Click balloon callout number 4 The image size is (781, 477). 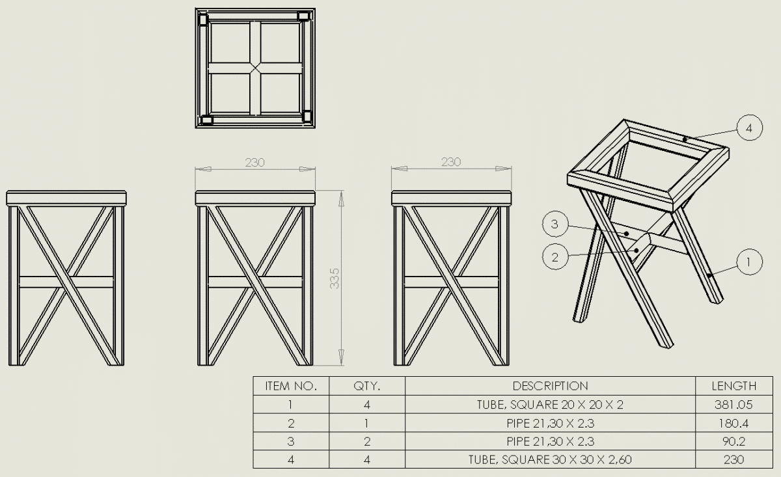750,128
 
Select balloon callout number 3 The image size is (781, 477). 555,225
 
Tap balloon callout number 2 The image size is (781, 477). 555,257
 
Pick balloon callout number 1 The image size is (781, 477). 750,262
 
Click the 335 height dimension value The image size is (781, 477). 335,279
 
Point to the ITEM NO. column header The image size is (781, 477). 291,386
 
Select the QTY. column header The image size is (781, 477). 367,386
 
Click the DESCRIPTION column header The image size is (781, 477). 550,386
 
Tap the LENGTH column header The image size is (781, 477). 734,386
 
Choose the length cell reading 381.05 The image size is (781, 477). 733,405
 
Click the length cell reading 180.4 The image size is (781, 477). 733,423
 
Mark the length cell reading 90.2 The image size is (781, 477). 733,441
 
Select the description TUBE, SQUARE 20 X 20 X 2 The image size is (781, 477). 550,405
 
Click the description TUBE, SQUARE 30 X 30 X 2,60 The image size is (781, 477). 550,459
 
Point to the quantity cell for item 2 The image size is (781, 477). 367,423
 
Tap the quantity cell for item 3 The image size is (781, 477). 367,441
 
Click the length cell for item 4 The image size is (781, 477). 733,459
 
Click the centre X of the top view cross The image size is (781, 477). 255,68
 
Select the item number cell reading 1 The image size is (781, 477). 290,405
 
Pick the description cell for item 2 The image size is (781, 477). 550,423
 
